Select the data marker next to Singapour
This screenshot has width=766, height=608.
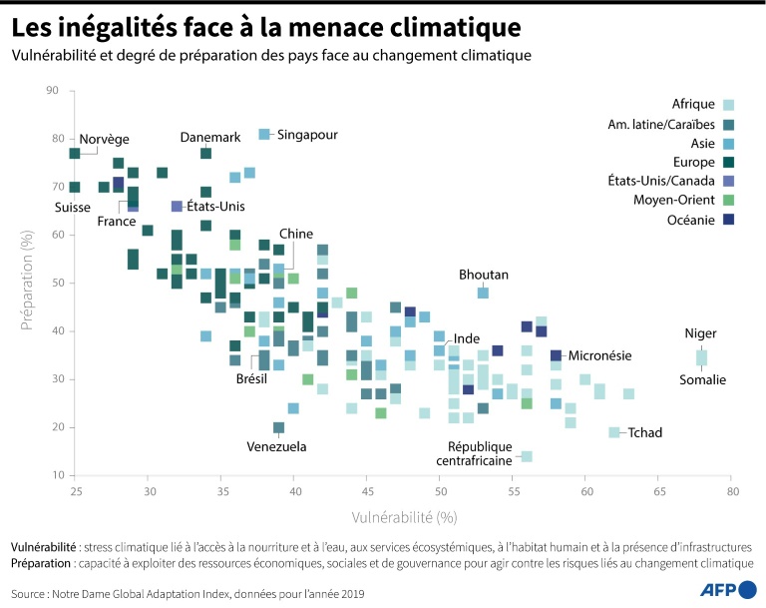[x=264, y=135]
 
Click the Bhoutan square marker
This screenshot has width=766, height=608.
[x=483, y=293]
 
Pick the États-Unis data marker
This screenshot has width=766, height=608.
[x=177, y=206]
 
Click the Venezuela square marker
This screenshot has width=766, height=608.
[x=278, y=427]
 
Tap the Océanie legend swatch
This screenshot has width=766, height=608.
[x=728, y=219]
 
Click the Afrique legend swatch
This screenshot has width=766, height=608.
[x=728, y=105]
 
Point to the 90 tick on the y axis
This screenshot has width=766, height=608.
[x=52, y=91]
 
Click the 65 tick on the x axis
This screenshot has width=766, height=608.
[x=659, y=492]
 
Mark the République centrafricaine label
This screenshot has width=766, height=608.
[x=480, y=453]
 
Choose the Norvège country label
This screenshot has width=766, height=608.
[x=105, y=139]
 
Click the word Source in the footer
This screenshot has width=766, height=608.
[x=34, y=594]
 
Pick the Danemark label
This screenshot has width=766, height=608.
[x=210, y=137]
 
